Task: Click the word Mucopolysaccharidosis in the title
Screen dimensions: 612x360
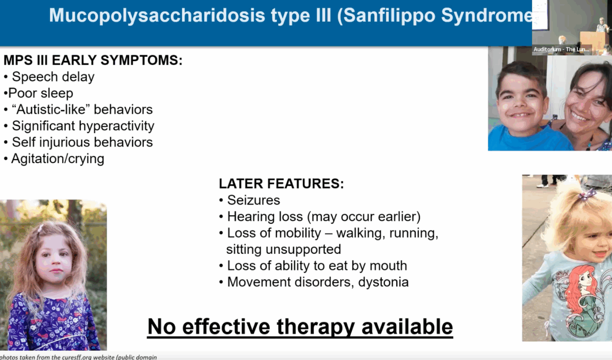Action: tap(157, 16)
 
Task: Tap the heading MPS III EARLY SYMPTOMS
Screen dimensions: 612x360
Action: tap(93, 60)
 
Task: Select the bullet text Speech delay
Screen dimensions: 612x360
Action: tap(53, 77)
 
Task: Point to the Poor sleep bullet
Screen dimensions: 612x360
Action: tap(39, 93)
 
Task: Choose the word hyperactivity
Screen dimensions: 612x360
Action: tap(116, 126)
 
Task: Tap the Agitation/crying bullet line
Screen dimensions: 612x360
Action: tap(54, 159)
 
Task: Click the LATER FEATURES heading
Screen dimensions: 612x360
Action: tap(281, 184)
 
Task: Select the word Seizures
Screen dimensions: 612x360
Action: tap(253, 200)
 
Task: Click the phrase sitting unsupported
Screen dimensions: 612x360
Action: tap(284, 249)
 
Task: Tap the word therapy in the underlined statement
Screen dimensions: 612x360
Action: tap(316, 327)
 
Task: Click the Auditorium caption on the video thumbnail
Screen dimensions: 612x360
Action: tap(561, 49)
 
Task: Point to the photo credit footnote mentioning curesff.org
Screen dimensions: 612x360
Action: tap(79, 357)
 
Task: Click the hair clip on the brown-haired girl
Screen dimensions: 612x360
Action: tap(41, 228)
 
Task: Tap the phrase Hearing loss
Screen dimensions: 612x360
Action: tap(265, 217)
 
